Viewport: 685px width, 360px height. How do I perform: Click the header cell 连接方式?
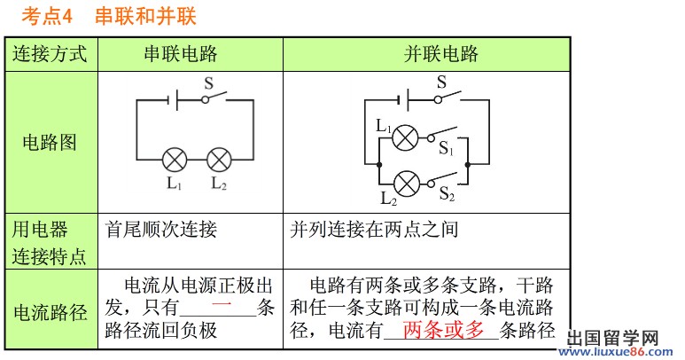click(51, 54)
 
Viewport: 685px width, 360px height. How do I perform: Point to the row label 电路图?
click(50, 143)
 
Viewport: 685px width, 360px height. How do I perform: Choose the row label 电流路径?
click(50, 312)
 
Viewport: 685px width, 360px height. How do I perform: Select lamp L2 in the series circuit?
click(218, 160)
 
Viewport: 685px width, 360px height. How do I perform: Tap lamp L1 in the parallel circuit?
click(406, 137)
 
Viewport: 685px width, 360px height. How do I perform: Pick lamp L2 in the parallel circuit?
click(406, 184)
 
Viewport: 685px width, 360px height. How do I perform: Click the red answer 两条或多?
click(444, 331)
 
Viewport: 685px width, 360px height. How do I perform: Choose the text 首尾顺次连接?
click(160, 231)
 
